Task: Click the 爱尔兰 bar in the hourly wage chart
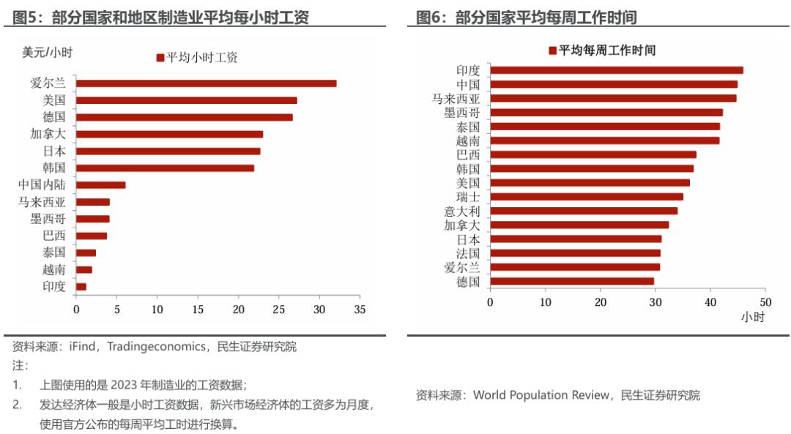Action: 206,83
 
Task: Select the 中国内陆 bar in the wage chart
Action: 100,185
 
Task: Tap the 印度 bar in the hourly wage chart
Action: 81,287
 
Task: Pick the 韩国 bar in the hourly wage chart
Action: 165,168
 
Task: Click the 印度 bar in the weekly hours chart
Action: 616,70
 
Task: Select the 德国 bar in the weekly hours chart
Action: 571,281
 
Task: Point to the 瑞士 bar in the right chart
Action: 586,197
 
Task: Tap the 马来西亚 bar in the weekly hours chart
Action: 613,98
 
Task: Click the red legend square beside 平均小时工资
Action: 160,58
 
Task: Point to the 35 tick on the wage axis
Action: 360,310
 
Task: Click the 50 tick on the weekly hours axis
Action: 765,302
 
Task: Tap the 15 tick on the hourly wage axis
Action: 198,310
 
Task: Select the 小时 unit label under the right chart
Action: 752,317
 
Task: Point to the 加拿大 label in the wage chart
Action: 48,135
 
